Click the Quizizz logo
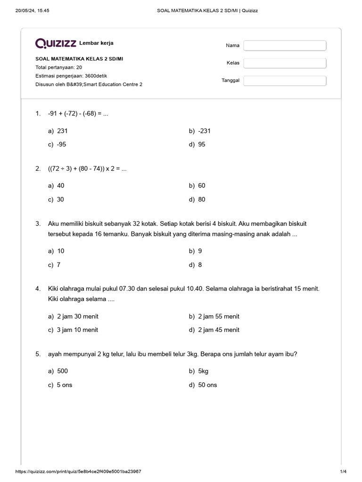click(56, 44)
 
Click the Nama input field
click(285, 46)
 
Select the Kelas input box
click(285, 63)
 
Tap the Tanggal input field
click(285, 80)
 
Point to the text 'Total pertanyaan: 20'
click(58, 67)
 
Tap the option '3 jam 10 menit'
click(77, 330)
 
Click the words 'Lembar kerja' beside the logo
click(96, 43)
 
